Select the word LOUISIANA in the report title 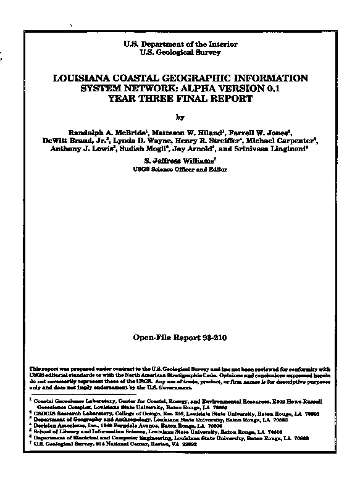pos(86,78)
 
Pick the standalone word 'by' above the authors pos(180,117)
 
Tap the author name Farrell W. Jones pos(261,132)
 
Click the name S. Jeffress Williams pos(180,160)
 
